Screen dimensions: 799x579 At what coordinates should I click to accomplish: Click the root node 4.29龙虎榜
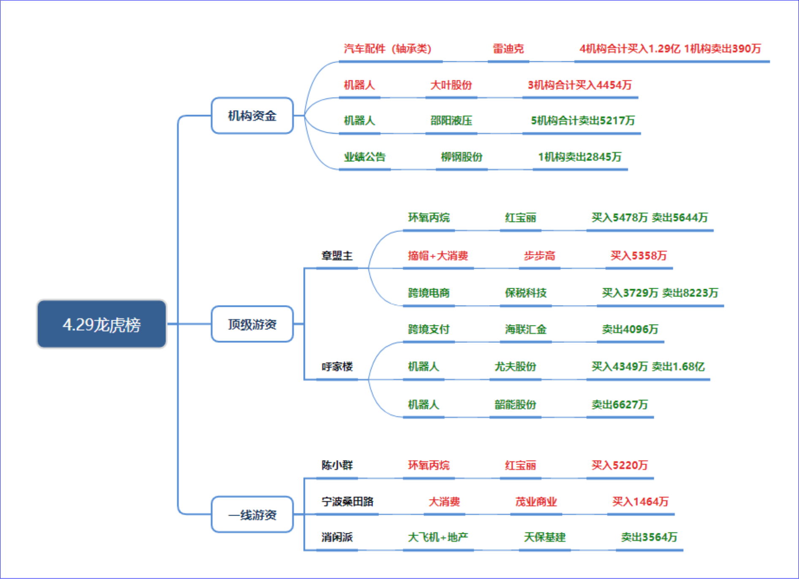[x=102, y=324]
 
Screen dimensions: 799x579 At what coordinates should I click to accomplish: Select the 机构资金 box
[x=252, y=115]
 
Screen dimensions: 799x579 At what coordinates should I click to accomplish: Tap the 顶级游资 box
[x=252, y=324]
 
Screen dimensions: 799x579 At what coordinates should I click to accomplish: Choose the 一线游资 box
[x=252, y=514]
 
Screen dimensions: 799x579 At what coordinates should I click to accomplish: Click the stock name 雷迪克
[x=508, y=49]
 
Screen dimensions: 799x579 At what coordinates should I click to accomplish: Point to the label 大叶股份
[x=451, y=85]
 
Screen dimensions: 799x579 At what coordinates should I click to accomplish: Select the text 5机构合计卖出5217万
[x=583, y=120]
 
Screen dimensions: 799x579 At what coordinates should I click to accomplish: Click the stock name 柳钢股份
[x=462, y=157]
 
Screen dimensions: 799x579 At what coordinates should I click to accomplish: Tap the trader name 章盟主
[x=337, y=256]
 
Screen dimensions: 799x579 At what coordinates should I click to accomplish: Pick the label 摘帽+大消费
[x=438, y=256]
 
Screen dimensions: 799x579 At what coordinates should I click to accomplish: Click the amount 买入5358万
[x=639, y=256]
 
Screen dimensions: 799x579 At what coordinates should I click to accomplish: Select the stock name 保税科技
[x=526, y=292]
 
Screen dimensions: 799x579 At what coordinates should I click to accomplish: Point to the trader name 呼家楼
[x=337, y=366]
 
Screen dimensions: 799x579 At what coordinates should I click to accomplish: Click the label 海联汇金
[x=526, y=329]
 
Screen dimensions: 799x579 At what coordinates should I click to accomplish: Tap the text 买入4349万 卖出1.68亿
[x=648, y=366]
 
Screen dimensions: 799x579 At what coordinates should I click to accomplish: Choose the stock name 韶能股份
[x=515, y=404]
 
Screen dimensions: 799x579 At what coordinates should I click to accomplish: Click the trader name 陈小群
[x=337, y=465]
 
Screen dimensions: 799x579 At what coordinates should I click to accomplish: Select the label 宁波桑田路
[x=348, y=502]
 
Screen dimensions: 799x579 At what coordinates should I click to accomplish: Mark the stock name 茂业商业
[x=536, y=502]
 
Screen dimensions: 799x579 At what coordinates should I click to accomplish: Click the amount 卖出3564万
[x=649, y=537]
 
